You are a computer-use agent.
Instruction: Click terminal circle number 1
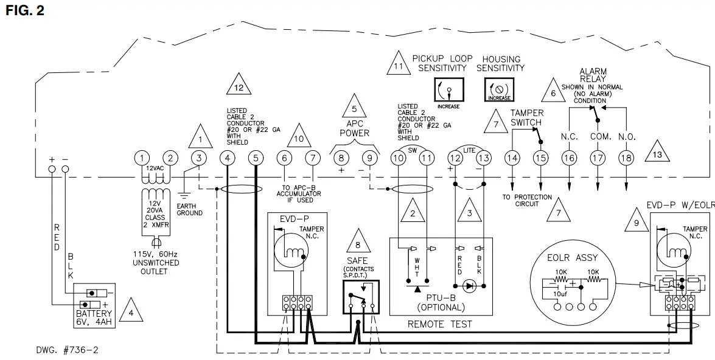(x=141, y=158)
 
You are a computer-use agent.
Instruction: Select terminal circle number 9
(x=369, y=158)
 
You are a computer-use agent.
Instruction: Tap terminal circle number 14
(x=512, y=158)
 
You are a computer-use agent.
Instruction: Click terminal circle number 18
(x=626, y=158)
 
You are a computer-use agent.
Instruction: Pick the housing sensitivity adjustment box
(x=499, y=91)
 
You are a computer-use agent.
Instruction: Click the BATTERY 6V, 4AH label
(x=94, y=317)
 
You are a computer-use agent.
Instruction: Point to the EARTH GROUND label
(x=189, y=210)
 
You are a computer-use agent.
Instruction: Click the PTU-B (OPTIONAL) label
(x=441, y=302)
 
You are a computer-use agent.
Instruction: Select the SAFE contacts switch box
(x=360, y=297)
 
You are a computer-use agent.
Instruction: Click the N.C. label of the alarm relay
(x=569, y=137)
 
